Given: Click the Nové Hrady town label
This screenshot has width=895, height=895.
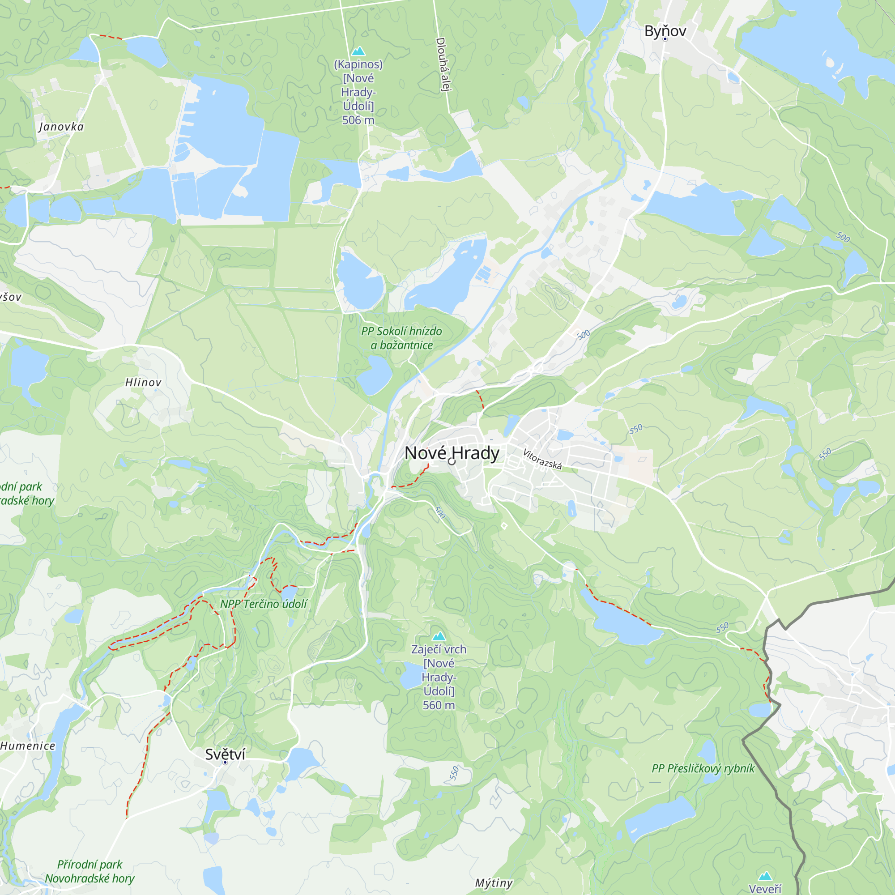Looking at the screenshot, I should click(452, 452).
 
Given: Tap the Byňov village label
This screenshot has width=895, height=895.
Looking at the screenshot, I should click(665, 30).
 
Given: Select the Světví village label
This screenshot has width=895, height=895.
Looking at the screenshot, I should click(225, 754).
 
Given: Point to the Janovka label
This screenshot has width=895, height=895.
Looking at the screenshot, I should click(61, 127).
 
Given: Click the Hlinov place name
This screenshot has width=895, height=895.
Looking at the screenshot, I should click(143, 382).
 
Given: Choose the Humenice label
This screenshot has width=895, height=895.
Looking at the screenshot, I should click(28, 746).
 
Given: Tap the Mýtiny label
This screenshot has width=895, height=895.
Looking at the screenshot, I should click(494, 882).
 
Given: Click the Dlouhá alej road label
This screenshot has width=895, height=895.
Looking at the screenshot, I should click(444, 64).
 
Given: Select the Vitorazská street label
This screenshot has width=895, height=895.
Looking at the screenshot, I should click(542, 459).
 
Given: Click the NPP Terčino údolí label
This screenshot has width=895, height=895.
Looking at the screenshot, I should click(263, 604).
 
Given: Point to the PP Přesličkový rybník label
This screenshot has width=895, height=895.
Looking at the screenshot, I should click(703, 768).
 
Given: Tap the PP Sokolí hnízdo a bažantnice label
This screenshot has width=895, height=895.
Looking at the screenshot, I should click(402, 338).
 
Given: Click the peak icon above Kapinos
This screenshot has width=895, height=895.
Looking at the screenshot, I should click(358, 51).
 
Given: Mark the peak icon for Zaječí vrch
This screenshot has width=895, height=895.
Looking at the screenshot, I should click(438, 636).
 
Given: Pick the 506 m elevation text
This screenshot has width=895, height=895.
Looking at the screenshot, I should click(358, 120).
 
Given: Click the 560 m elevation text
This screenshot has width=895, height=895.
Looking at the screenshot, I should click(438, 705).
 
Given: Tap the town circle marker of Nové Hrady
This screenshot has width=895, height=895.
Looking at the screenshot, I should click(452, 461).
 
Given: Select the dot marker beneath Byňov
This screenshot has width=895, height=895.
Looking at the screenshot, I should click(665, 39).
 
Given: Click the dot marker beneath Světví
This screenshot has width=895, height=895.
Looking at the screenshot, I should click(225, 763).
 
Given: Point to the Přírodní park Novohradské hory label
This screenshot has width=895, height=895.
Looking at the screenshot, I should click(90, 871).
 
